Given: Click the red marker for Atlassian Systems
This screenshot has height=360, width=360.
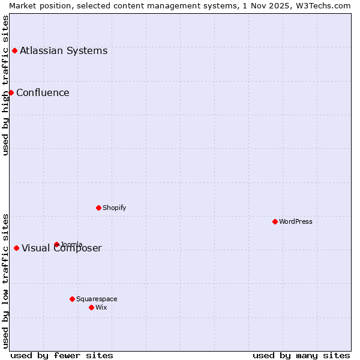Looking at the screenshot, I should [14, 50].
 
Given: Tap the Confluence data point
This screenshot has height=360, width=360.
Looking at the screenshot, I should [11, 92].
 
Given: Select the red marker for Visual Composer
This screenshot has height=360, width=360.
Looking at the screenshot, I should [16, 248].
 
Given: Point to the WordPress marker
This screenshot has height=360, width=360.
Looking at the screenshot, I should [275, 221].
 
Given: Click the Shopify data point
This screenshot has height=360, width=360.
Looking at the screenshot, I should [98, 208].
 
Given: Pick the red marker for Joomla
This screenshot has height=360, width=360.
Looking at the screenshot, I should [56, 244].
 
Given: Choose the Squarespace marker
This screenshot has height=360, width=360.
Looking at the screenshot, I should [72, 299].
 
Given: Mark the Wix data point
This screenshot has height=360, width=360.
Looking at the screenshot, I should [91, 307].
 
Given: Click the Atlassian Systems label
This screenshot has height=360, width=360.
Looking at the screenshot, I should [64, 50].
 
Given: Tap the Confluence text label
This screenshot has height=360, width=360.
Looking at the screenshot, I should [43, 92].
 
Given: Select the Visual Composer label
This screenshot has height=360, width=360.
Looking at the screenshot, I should [62, 248].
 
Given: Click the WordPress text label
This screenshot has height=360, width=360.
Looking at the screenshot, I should [296, 221].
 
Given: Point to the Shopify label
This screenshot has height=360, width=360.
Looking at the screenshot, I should [115, 208].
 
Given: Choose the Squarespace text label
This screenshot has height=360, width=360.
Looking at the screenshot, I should [97, 299].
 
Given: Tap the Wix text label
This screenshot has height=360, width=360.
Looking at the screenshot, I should [101, 307].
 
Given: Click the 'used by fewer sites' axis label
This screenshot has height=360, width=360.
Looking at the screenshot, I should [62, 355].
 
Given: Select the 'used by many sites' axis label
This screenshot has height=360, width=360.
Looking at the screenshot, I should [301, 355].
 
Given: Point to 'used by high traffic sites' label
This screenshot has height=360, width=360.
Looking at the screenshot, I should [5, 85].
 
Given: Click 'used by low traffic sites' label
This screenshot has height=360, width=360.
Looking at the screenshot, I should [5, 281].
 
